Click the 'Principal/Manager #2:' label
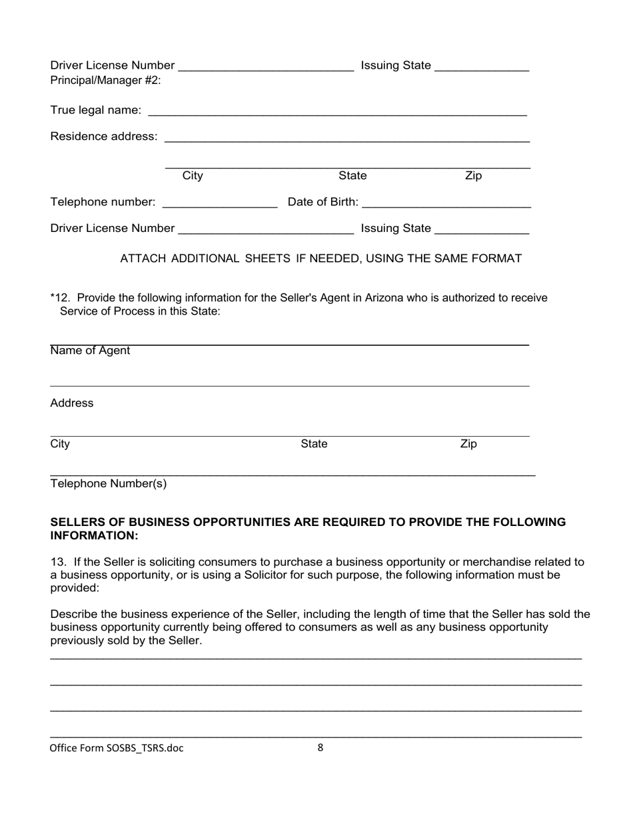coord(105,81)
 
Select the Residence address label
coord(104,137)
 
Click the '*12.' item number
coord(61,297)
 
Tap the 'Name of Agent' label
coord(90,351)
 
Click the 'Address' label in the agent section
coord(72,403)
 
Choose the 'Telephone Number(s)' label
coord(109,484)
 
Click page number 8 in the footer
coord(320,747)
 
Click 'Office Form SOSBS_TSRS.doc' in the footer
coord(117,747)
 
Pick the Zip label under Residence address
coord(473,176)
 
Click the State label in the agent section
coord(314,444)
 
